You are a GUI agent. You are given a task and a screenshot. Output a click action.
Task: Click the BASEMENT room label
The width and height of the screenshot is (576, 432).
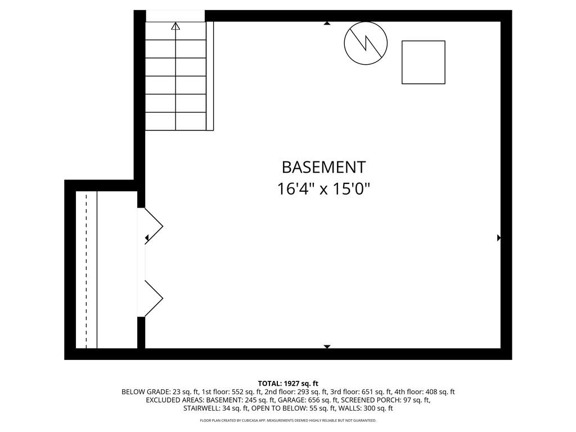pos(323,167)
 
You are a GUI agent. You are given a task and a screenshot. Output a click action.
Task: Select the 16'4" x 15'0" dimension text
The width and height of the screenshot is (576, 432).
pos(323,189)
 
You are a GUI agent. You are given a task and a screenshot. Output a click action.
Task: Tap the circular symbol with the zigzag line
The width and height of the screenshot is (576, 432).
pos(366,43)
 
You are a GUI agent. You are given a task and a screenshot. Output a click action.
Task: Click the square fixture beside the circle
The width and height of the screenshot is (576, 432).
pos(424,62)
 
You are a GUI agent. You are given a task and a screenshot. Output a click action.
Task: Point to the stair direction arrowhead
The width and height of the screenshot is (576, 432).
pos(175,26)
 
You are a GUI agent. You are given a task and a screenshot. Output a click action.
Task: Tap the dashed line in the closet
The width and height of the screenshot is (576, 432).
pos(87,269)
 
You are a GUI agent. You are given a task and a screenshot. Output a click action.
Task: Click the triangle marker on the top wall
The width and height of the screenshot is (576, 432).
pos(327,23)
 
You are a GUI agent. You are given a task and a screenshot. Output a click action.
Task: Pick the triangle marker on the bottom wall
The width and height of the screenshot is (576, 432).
pos(327,346)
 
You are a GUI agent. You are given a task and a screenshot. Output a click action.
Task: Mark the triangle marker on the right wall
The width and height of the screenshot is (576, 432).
pos(499,238)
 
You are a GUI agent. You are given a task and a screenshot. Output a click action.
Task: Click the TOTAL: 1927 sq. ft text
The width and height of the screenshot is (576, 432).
pos(288,384)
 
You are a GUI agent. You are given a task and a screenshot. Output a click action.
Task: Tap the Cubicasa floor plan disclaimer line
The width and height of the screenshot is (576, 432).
pos(288,420)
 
